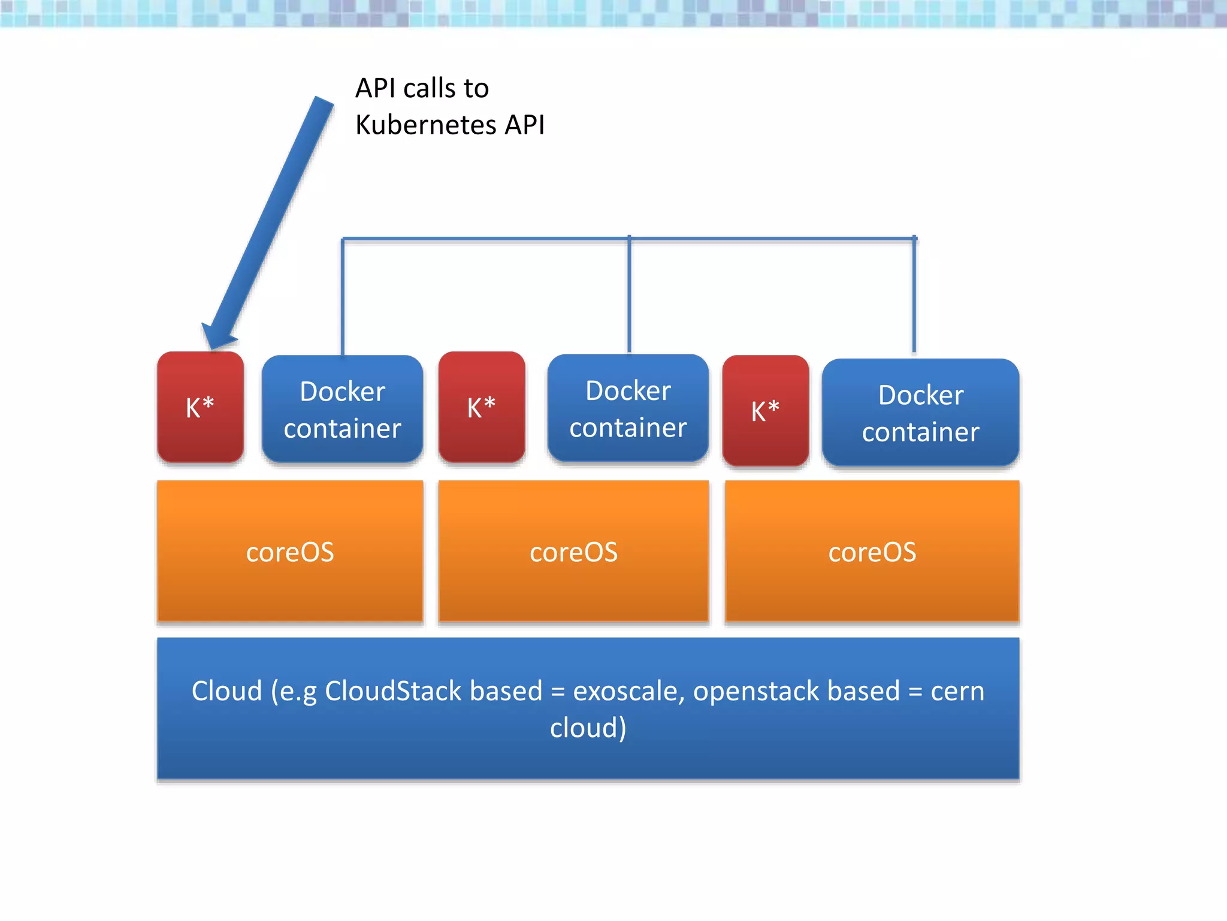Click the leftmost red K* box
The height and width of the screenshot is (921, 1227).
click(200, 407)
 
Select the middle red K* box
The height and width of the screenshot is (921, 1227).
click(482, 407)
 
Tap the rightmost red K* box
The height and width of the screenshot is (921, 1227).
click(765, 411)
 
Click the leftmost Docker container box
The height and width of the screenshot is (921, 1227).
click(342, 410)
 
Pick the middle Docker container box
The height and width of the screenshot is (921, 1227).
click(628, 408)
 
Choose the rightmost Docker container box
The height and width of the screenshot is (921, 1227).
click(920, 413)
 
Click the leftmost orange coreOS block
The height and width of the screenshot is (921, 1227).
click(290, 552)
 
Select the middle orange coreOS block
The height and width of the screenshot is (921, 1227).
click(573, 552)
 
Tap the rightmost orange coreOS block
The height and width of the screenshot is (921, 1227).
click(872, 552)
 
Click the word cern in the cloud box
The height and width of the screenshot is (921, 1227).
click(957, 691)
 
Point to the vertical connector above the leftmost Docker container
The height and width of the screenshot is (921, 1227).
click(343, 297)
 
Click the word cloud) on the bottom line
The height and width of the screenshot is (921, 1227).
click(588, 728)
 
